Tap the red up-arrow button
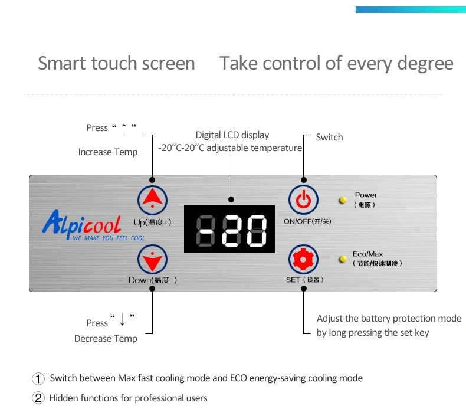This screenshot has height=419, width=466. (x=152, y=200)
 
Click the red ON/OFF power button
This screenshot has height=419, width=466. (x=303, y=200)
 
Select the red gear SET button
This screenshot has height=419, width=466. (x=303, y=259)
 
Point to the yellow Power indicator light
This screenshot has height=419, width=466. (x=343, y=199)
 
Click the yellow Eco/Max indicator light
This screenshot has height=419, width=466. (x=343, y=259)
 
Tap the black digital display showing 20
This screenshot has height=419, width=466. (x=229, y=230)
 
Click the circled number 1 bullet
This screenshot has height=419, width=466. (x=38, y=378)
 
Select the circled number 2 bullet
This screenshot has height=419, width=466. (x=38, y=398)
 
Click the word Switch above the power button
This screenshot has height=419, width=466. (x=329, y=137)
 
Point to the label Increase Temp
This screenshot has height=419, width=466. (x=108, y=152)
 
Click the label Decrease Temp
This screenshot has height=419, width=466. (x=106, y=338)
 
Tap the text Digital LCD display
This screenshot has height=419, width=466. (x=232, y=135)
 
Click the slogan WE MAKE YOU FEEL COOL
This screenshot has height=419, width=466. (x=109, y=238)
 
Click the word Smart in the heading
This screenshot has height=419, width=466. (x=62, y=63)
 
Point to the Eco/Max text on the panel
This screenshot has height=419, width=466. (x=367, y=254)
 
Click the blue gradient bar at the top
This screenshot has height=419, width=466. (x=411, y=9)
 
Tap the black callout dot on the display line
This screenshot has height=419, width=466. (x=231, y=199)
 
